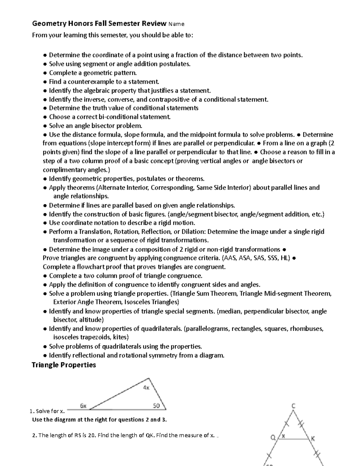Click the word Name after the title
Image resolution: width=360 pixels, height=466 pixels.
[x=176, y=24]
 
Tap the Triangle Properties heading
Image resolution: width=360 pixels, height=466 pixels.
[x=64, y=365]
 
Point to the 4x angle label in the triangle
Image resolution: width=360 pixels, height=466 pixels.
[x=146, y=388]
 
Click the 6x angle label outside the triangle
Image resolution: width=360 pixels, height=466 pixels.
[x=83, y=406]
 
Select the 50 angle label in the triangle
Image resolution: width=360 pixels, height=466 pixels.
[x=156, y=406]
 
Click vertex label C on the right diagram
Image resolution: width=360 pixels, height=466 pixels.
[x=293, y=406]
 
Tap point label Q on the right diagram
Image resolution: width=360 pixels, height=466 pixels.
[x=273, y=438]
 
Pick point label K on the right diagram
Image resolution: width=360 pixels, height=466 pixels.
[x=313, y=439]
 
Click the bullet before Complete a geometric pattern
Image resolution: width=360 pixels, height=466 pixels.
[x=45, y=73]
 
